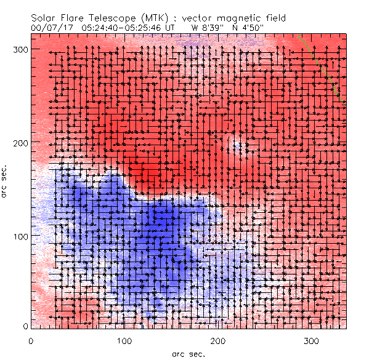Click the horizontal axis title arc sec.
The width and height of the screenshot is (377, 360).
[187, 354]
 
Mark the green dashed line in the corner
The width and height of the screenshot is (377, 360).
[320, 68]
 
